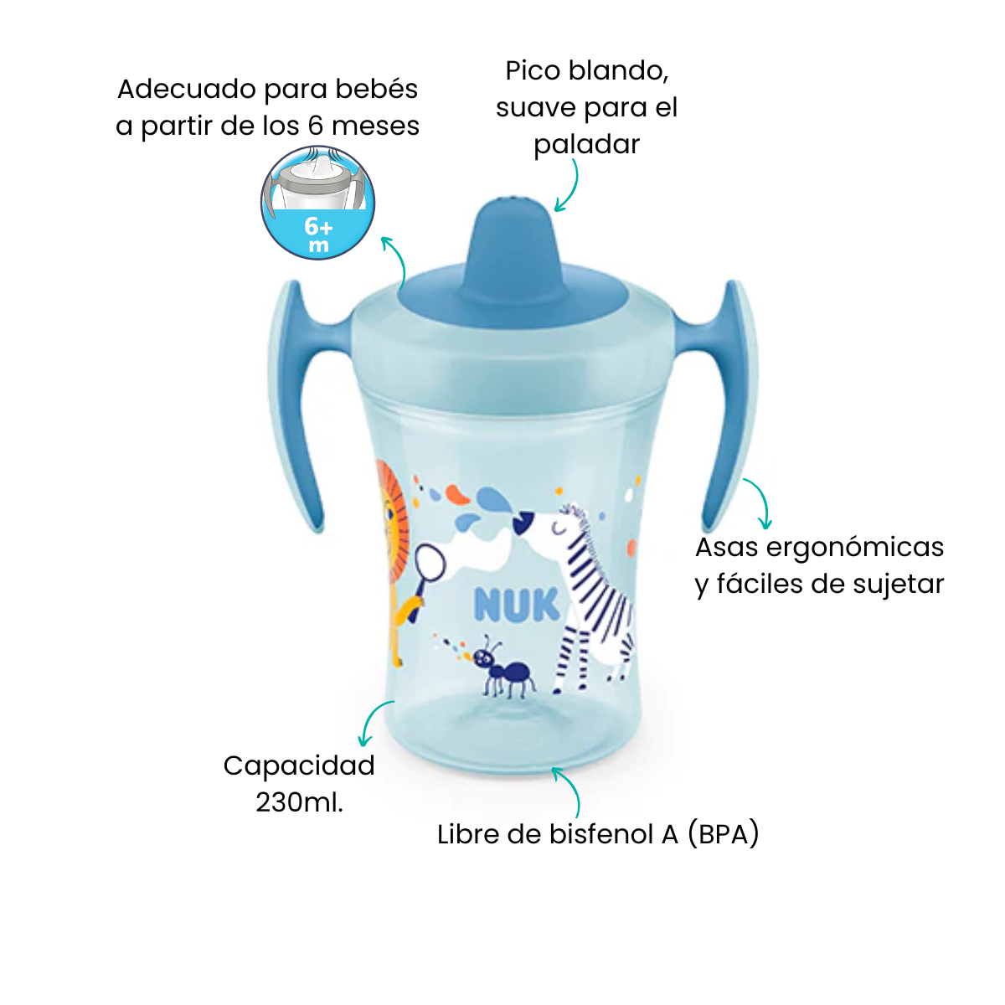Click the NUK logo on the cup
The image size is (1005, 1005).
tap(517, 605)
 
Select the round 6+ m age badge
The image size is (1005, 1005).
tap(317, 203)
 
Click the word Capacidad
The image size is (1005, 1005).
tap(299, 765)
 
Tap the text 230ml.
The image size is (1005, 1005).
tap(299, 802)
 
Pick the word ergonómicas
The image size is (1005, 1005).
tap(855, 548)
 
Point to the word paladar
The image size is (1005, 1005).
tap(586, 144)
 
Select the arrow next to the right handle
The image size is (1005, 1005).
tap(760, 502)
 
